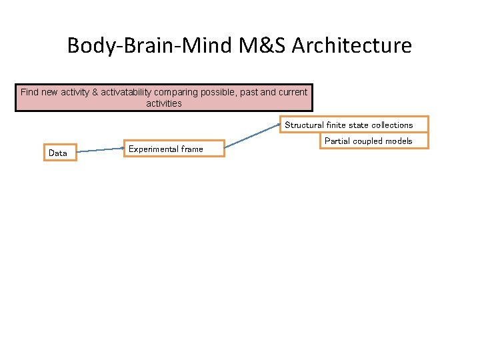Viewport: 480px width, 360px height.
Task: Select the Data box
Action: click(x=59, y=153)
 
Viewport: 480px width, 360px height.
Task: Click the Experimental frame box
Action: click(x=175, y=148)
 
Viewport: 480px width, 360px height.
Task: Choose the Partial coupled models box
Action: click(x=368, y=141)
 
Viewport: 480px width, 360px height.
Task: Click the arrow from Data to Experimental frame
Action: click(x=100, y=151)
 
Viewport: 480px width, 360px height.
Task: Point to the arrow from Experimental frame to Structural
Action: click(x=252, y=133)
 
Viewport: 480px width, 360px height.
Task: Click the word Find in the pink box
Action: click(x=29, y=92)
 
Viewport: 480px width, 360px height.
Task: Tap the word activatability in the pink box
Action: click(x=135, y=92)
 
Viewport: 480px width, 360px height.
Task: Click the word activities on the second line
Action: click(x=164, y=103)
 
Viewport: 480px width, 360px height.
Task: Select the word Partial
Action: click(x=337, y=141)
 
